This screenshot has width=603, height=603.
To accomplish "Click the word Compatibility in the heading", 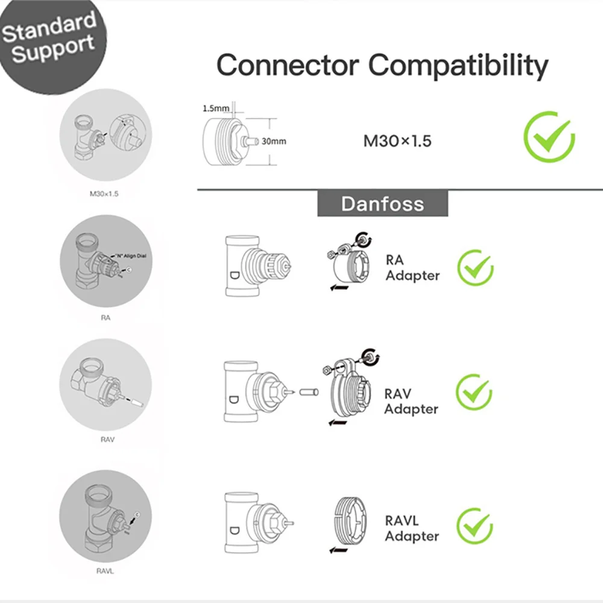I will coord(459,65).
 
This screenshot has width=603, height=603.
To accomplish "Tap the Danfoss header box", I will coord(383,203).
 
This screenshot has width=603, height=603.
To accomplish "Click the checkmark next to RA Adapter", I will coord(475,268).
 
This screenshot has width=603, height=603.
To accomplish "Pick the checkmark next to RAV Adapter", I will coord(474,393).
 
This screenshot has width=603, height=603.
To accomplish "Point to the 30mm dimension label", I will coord(274,142).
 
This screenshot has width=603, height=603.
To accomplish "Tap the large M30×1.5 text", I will coord(397,141).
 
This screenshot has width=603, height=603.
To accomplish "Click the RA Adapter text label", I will coord(412,268).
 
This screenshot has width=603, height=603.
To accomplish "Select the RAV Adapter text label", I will coord(411,401).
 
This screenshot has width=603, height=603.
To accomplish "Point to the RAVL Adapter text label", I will coord(412,528).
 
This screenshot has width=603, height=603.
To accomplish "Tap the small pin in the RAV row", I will coord(308,392).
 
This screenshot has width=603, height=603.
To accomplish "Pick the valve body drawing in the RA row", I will coord(254,266).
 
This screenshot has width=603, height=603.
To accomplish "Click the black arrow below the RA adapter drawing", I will coord(339,288).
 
